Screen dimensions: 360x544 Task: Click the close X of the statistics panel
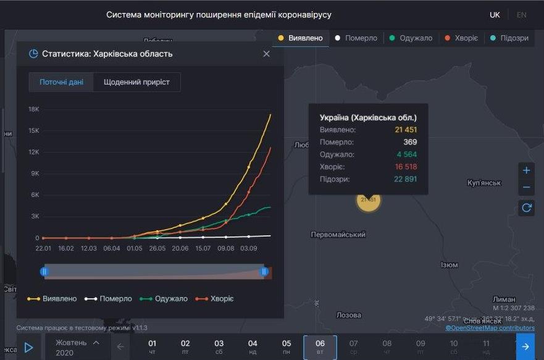(x=266, y=54)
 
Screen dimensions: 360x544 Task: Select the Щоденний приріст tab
(x=136, y=82)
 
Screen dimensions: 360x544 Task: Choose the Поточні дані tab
(x=61, y=82)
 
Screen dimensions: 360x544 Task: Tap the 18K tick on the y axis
(x=34, y=109)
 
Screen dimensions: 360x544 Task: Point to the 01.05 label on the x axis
(x=135, y=248)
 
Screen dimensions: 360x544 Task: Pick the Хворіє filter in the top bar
(x=461, y=38)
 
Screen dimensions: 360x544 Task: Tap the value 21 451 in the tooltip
(x=406, y=130)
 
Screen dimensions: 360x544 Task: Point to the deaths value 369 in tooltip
(x=411, y=142)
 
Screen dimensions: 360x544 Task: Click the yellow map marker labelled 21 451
(x=368, y=200)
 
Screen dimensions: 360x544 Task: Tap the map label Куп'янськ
(x=485, y=183)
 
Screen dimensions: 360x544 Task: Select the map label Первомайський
(x=338, y=235)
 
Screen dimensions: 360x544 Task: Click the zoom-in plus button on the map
(x=526, y=170)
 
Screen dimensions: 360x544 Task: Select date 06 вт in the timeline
(x=320, y=347)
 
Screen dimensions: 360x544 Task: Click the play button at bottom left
(x=28, y=347)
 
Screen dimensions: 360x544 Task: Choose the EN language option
(x=521, y=15)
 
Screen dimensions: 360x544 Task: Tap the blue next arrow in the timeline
(x=525, y=347)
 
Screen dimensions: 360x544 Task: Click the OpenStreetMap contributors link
(x=490, y=328)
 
